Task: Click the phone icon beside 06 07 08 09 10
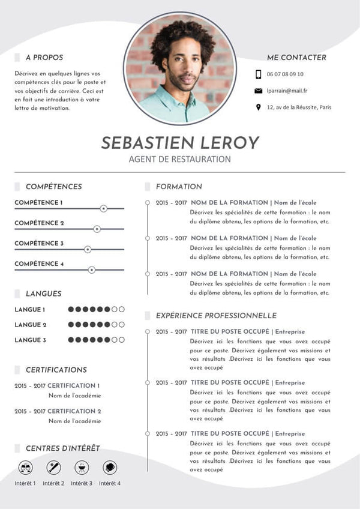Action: (258, 74)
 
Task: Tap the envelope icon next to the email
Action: (258, 91)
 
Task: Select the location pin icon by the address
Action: (258, 107)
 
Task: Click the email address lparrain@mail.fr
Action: (287, 91)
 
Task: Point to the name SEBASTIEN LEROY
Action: (180, 142)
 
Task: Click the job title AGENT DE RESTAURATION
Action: (180, 159)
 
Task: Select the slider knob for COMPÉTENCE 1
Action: (103, 208)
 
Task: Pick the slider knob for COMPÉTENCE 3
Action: (88, 249)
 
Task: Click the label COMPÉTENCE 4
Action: (39, 264)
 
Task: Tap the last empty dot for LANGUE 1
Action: (122, 309)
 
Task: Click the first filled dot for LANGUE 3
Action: (71, 340)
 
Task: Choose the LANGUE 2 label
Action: (30, 325)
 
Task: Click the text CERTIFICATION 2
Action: (74, 411)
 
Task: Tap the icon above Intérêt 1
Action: (26, 467)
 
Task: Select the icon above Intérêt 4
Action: (109, 467)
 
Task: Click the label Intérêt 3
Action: (82, 483)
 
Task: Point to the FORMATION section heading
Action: (179, 187)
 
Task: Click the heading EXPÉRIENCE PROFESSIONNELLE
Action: (216, 315)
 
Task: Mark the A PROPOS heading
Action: (44, 58)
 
